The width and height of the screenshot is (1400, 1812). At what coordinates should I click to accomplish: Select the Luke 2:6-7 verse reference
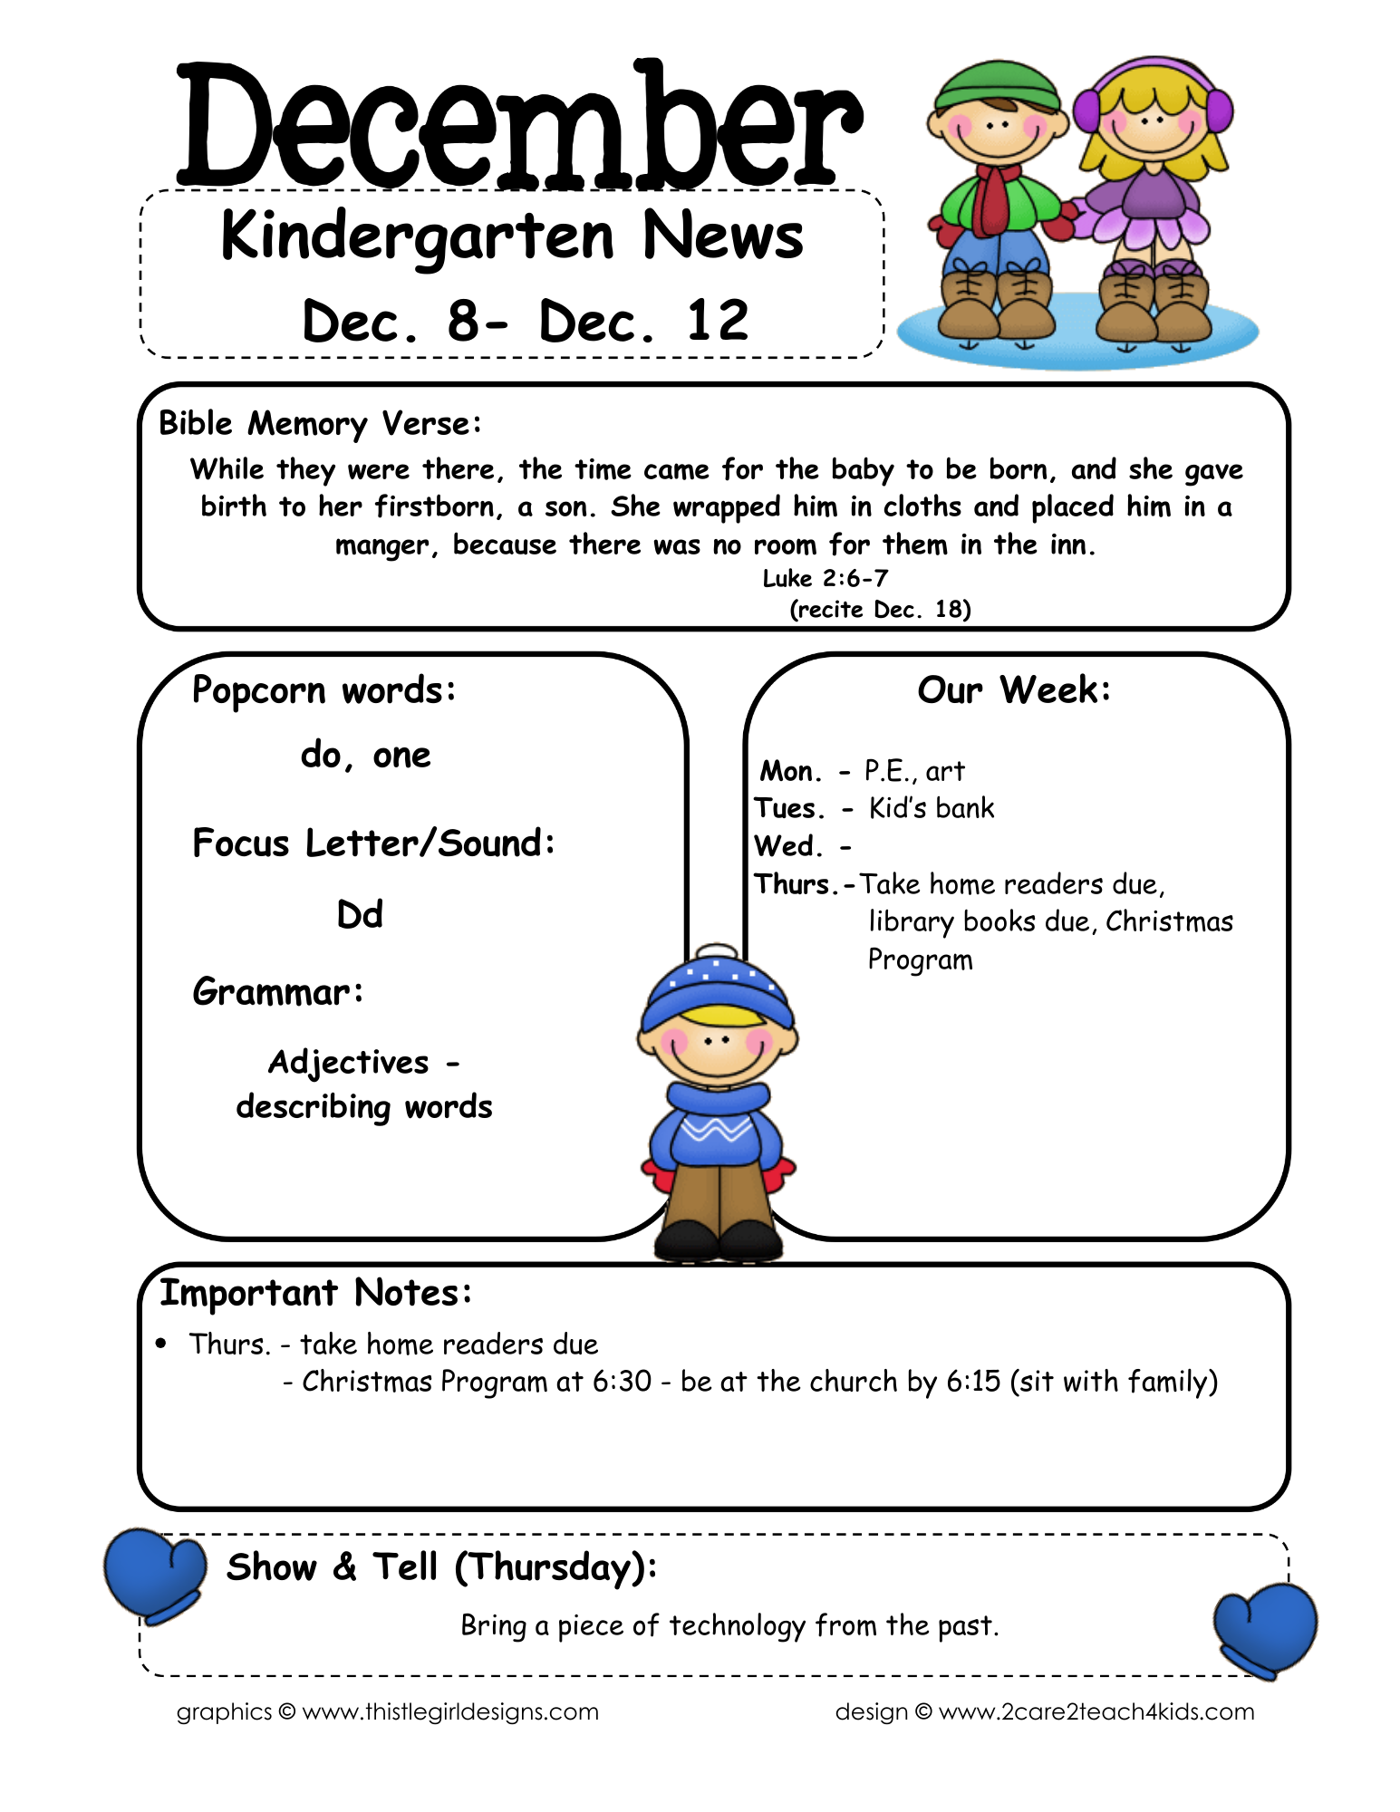click(825, 578)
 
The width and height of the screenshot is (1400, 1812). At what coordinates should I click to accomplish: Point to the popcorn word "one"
click(401, 756)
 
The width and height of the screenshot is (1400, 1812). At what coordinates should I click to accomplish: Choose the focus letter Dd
click(360, 914)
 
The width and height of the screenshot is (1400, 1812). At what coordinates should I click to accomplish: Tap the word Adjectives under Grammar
click(348, 1062)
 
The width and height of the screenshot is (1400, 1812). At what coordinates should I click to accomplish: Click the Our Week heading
click(1013, 690)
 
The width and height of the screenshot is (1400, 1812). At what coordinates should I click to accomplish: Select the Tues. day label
click(788, 808)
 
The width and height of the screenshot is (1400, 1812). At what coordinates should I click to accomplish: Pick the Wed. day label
click(787, 846)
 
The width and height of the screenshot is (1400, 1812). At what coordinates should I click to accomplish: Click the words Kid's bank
click(931, 808)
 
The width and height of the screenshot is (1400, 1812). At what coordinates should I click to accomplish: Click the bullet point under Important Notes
click(161, 1343)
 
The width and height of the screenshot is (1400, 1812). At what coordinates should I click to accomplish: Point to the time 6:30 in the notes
click(622, 1382)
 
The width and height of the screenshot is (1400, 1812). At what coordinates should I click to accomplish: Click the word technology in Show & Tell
click(737, 1626)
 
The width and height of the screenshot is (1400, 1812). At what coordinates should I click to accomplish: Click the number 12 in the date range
click(718, 321)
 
